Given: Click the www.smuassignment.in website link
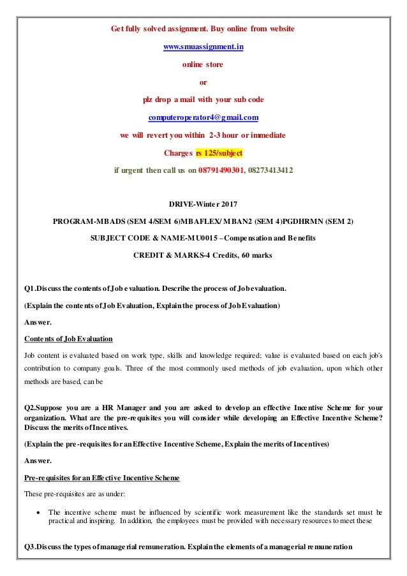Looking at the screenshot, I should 203,47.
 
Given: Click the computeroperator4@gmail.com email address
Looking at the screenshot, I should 203,117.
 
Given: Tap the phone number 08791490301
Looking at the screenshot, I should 219,171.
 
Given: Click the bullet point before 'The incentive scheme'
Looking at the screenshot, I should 39,512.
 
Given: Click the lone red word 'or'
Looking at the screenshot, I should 203,82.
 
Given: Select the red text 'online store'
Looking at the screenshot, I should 203,64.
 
